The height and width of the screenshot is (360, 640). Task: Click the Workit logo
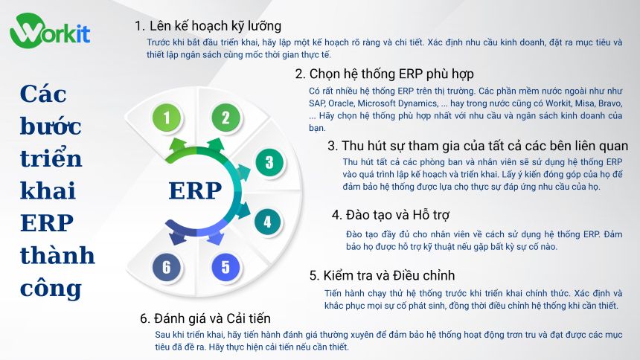(x=50, y=32)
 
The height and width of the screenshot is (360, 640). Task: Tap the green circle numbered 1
(x=167, y=118)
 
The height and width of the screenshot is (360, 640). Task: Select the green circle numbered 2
(x=225, y=118)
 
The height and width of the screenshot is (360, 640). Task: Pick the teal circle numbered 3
(x=269, y=163)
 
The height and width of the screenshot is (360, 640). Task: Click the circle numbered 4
(x=268, y=221)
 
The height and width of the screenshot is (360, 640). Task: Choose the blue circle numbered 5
(x=225, y=266)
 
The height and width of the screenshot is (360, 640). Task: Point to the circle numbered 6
(x=167, y=266)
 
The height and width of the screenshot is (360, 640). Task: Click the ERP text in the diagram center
(x=195, y=191)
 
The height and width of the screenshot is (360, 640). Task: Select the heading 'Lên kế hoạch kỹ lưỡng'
(x=208, y=26)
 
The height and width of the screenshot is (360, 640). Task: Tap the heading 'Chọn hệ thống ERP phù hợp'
(x=384, y=74)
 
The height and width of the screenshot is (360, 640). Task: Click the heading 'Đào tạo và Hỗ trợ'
(x=391, y=215)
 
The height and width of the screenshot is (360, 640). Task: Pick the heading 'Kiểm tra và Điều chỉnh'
(x=382, y=276)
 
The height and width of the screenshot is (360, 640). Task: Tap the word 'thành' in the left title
(x=57, y=256)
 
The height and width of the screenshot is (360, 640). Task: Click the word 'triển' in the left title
(x=51, y=159)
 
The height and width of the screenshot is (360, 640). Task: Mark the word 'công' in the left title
(x=51, y=288)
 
